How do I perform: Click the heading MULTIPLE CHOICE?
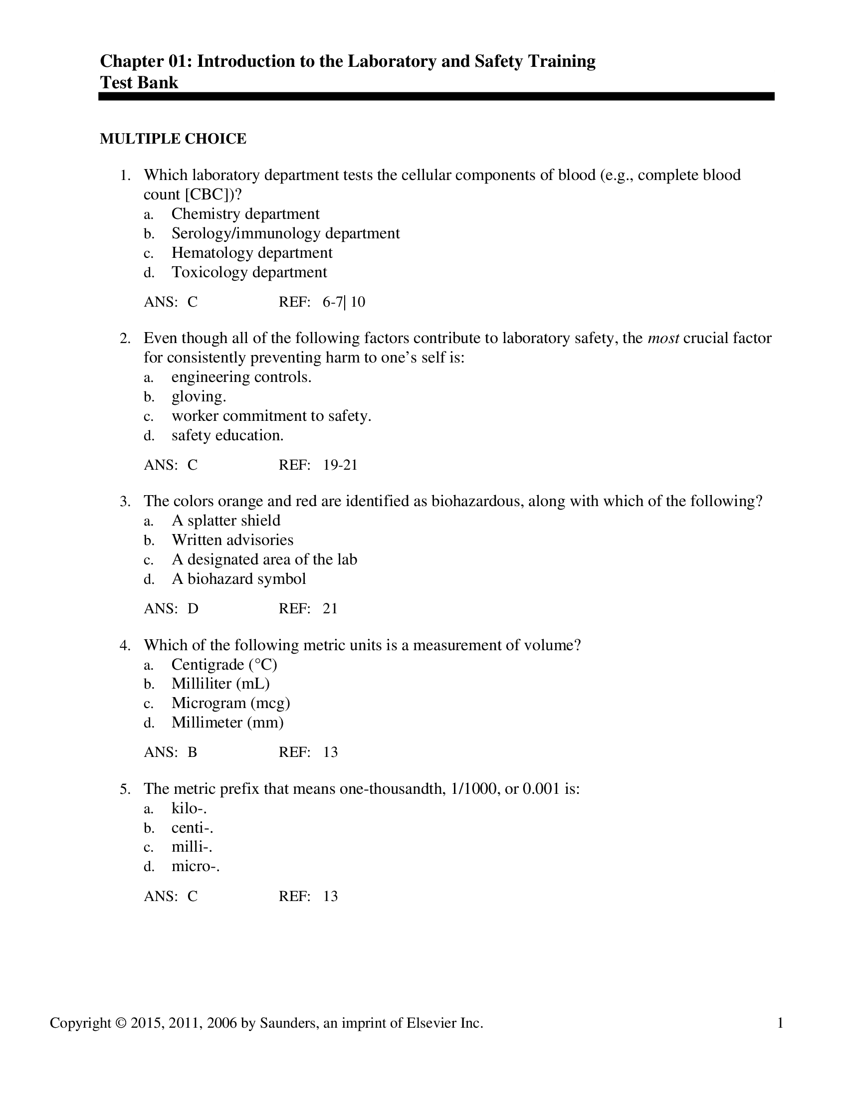(173, 139)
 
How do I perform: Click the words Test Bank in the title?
(139, 82)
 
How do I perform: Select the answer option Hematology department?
(252, 253)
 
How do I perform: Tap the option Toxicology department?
(249, 272)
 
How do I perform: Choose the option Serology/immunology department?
(285, 233)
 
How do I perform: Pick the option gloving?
(199, 397)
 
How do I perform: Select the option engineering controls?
(241, 377)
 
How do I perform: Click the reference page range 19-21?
(340, 465)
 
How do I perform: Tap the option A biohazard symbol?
(238, 579)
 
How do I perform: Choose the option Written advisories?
(232, 540)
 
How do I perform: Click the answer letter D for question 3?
(193, 609)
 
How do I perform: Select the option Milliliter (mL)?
(220, 684)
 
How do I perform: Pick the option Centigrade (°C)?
(224, 665)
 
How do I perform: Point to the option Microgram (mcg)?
(230, 703)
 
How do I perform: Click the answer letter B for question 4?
(193, 752)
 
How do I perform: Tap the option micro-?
(196, 867)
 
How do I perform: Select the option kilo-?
(190, 809)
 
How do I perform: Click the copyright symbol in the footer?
(121, 1023)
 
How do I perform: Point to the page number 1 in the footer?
(780, 1023)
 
